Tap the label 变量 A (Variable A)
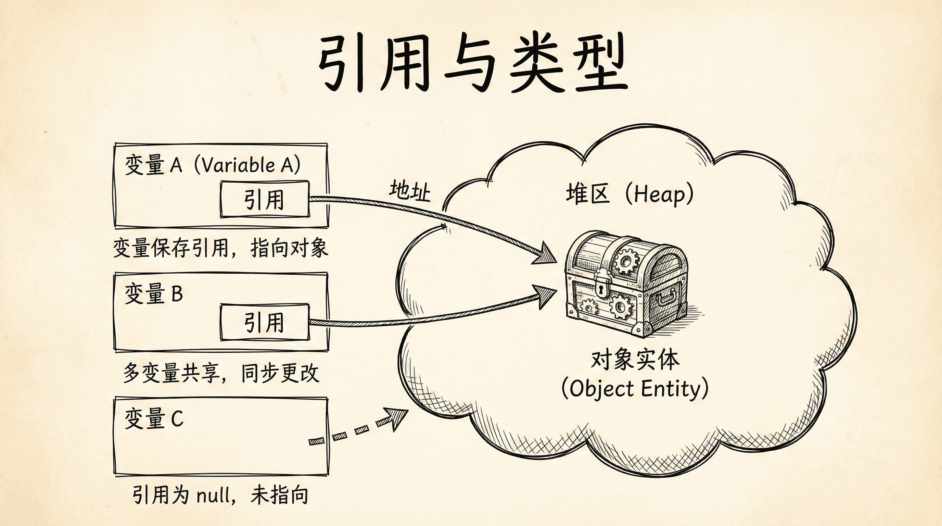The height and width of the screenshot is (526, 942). tap(212, 165)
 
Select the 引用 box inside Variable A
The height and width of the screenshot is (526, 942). tap(264, 199)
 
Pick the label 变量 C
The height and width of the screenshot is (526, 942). tap(154, 418)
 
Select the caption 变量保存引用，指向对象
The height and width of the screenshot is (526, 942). tap(220, 249)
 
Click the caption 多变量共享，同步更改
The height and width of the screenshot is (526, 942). tap(221, 373)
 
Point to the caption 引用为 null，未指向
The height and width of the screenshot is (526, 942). tap(220, 495)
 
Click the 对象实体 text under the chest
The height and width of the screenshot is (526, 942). tap(635, 360)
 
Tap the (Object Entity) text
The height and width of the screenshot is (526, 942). tap(635, 388)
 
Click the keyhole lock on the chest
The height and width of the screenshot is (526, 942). tap(601, 289)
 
